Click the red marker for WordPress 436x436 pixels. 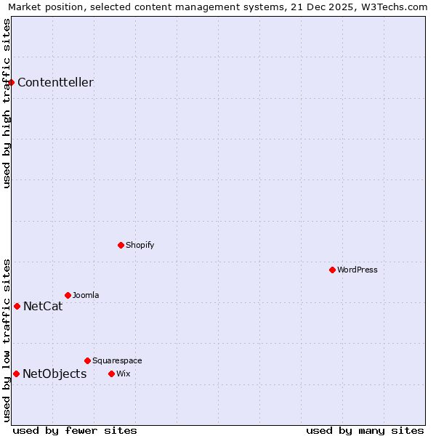(x=332, y=270)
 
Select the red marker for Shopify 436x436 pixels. (x=121, y=245)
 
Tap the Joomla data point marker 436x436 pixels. (x=68, y=295)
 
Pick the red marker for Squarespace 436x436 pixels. (x=87, y=360)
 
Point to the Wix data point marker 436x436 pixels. (x=111, y=374)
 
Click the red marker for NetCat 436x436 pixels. (x=17, y=306)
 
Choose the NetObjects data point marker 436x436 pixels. (x=16, y=374)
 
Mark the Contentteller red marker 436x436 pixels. (x=11, y=82)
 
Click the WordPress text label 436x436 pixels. (x=358, y=270)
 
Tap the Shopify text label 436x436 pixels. (x=140, y=246)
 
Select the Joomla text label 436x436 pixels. (x=86, y=296)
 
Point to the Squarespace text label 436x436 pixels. (x=117, y=361)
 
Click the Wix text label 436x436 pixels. (x=123, y=374)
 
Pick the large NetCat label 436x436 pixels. (x=43, y=307)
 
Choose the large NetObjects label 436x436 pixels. (x=54, y=374)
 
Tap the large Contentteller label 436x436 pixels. (x=55, y=83)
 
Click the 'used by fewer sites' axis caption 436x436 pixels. (x=75, y=431)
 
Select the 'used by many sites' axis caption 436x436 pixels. (x=365, y=431)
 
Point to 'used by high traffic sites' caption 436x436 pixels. (x=7, y=103)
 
